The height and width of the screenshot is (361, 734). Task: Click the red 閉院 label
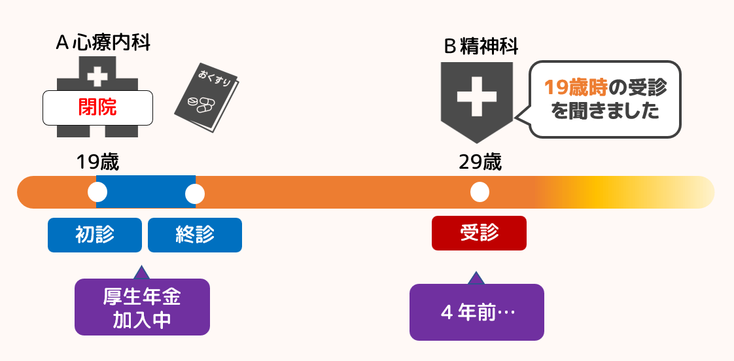[97, 107]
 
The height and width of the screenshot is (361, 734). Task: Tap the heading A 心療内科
[103, 43]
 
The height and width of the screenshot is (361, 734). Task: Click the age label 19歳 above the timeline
[97, 162]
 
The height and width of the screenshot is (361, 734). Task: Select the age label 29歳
[480, 162]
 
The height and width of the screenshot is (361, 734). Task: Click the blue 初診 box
[95, 235]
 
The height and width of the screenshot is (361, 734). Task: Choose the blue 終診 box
[195, 235]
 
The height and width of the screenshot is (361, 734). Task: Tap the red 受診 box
[479, 233]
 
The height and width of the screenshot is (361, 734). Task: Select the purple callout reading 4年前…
[477, 312]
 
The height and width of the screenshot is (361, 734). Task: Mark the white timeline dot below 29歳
[480, 192]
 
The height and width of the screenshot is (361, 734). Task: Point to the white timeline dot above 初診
[97, 192]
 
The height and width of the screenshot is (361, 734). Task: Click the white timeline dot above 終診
[195, 193]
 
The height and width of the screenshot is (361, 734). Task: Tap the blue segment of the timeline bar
[146, 192]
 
